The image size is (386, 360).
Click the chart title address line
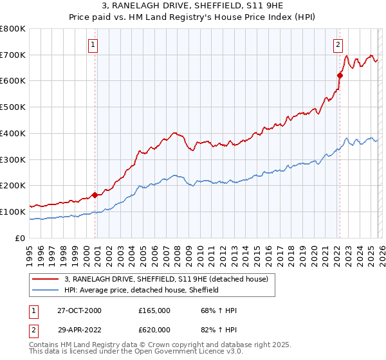point(192,6)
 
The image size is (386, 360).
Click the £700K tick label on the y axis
point(13,55)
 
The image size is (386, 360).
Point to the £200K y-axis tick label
point(13,185)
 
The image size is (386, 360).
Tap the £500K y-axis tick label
point(13,107)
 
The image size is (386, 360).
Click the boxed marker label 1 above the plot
point(94,45)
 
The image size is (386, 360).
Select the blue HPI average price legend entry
point(142,290)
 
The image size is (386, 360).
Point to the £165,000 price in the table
point(154,310)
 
